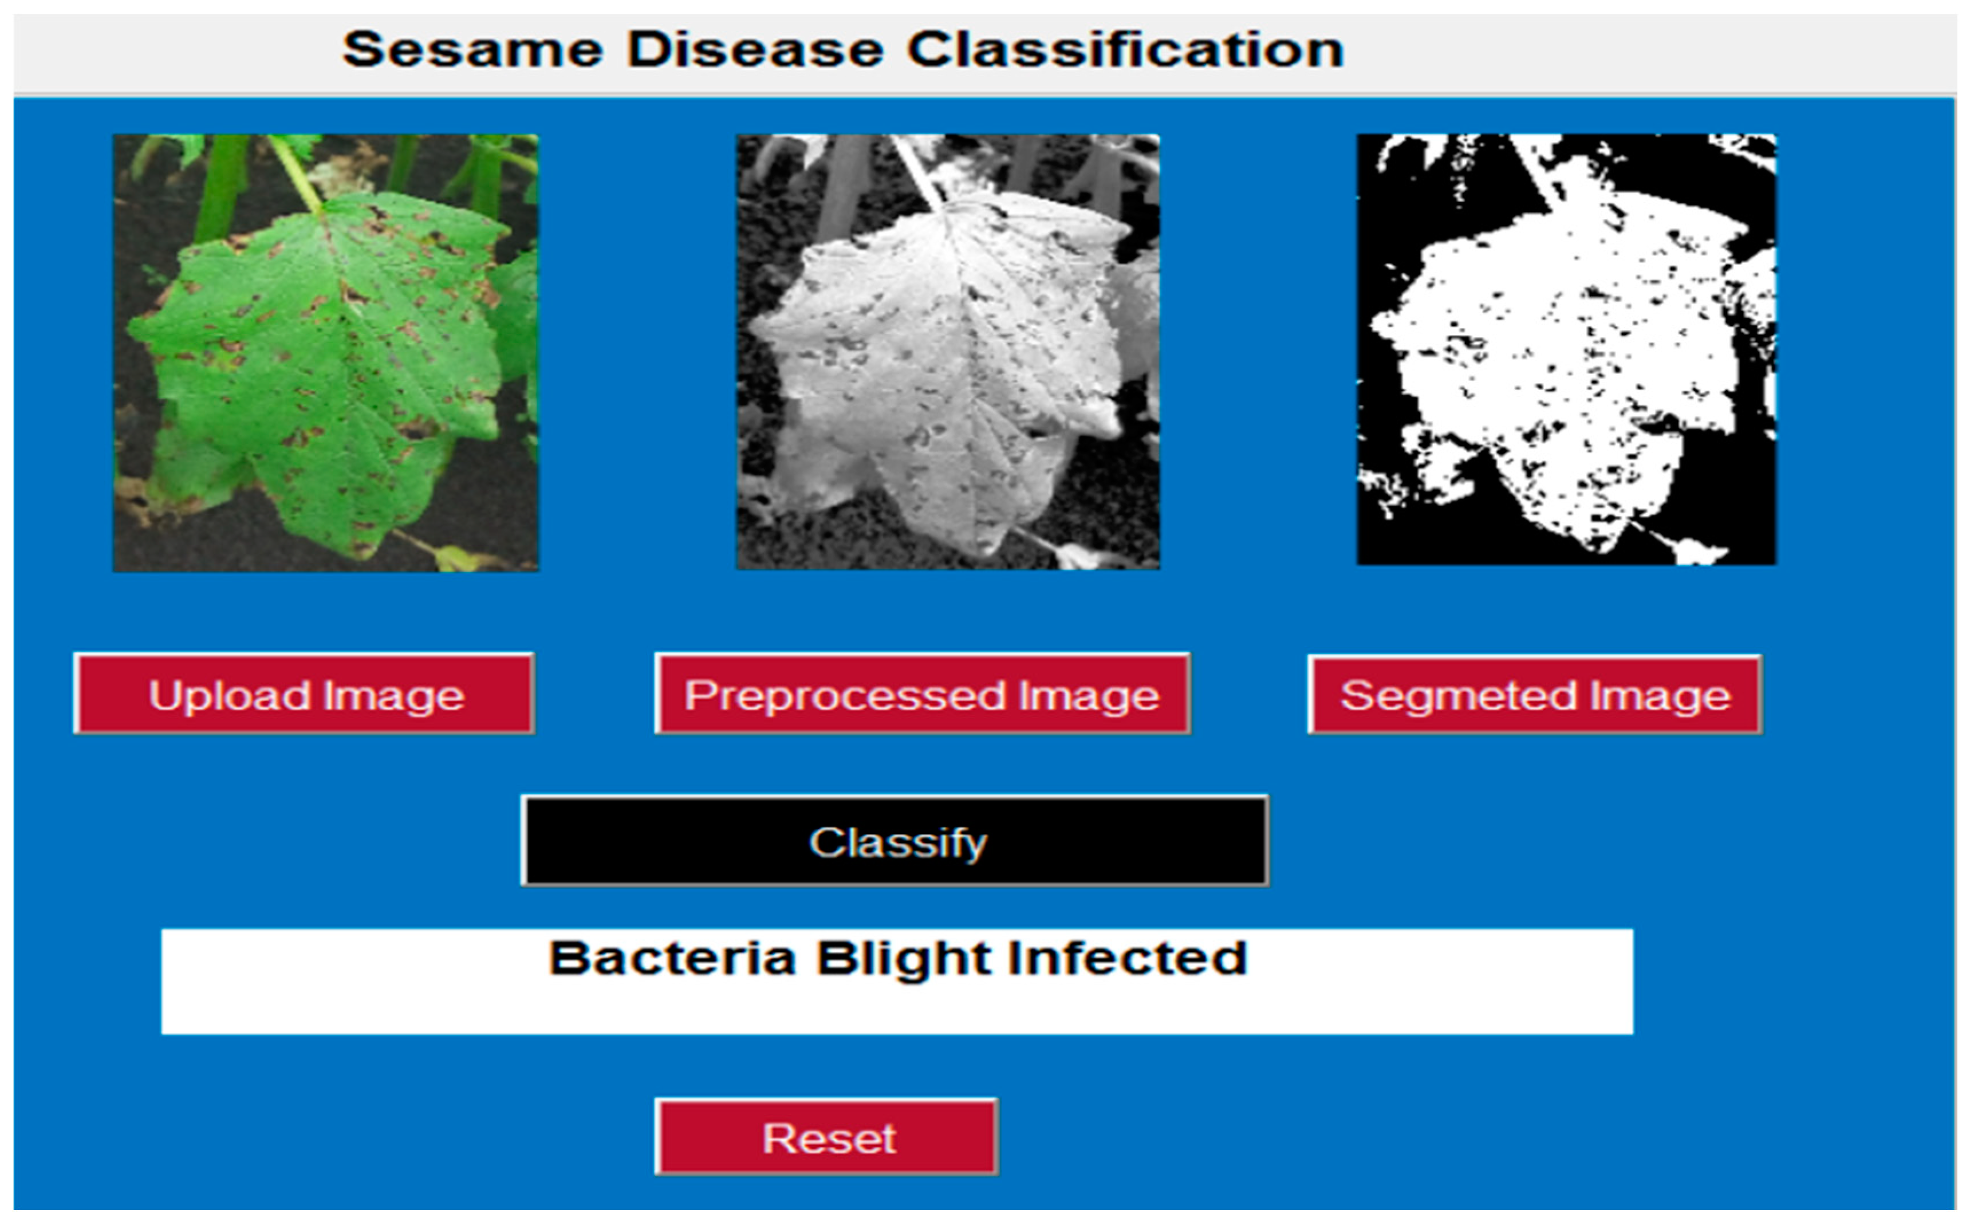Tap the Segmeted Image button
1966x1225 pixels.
pos(1534,694)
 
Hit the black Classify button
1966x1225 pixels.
pos(895,840)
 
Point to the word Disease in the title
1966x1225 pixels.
pos(754,50)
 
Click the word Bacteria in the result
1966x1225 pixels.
pos(672,959)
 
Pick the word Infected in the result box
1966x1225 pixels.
pos(1127,959)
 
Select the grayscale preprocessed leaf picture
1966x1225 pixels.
pos(948,352)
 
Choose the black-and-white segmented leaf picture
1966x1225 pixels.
pos(1567,349)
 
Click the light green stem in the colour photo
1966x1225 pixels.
pos(297,174)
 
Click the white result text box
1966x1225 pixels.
pos(897,981)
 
